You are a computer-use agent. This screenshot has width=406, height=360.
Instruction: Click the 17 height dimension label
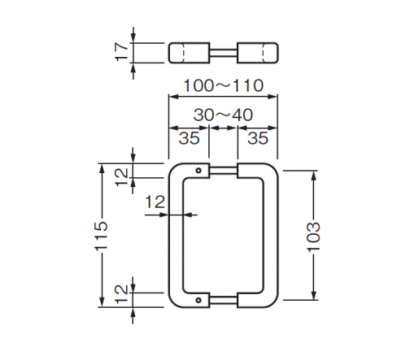(121, 52)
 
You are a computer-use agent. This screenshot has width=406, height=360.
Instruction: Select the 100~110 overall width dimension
(223, 85)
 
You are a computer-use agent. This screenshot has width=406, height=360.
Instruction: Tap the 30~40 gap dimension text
(223, 115)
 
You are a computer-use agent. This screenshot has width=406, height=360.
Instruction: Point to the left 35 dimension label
(189, 138)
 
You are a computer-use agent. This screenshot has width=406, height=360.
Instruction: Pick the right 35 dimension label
(258, 138)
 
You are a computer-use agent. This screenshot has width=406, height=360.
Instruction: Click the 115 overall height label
(102, 236)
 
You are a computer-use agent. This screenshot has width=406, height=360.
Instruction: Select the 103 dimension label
(314, 236)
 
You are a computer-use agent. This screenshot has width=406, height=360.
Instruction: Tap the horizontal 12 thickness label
(155, 202)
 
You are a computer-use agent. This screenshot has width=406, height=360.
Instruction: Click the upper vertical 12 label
(121, 177)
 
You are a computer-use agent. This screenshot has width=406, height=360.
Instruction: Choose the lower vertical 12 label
(121, 294)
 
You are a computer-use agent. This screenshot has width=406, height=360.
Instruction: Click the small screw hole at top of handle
(199, 171)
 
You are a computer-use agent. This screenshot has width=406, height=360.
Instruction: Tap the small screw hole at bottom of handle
(199, 300)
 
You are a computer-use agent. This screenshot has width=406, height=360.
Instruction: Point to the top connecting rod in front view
(224, 171)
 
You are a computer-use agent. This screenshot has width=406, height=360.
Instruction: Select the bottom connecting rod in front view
(224, 300)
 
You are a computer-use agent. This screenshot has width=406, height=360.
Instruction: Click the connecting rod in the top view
(224, 53)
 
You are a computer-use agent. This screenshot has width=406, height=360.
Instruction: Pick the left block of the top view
(189, 53)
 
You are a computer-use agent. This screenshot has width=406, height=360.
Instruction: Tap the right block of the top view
(258, 53)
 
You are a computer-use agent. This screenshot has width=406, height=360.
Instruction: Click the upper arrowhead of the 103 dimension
(314, 176)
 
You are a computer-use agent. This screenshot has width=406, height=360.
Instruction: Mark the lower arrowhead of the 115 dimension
(102, 302)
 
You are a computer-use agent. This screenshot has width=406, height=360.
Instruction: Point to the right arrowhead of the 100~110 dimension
(273, 97)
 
